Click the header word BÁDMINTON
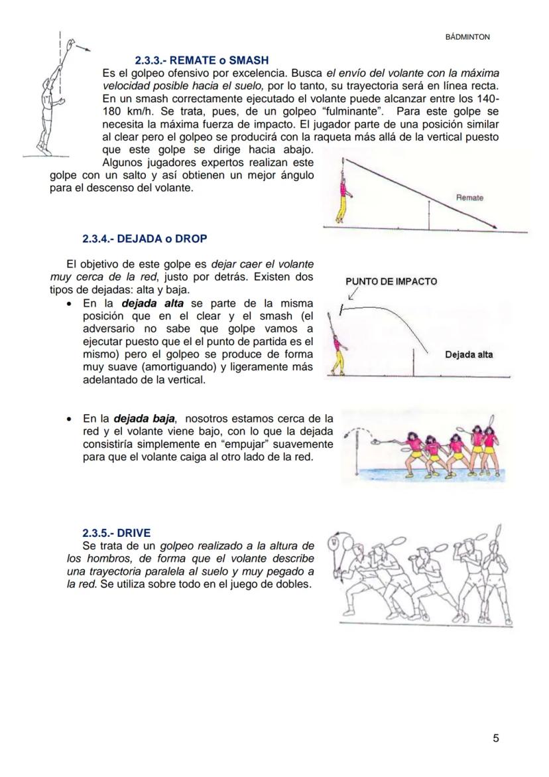(467, 37)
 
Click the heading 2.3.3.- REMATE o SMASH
(202, 60)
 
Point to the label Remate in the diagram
(469, 198)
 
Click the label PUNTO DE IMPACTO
(391, 281)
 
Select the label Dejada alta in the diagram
(468, 354)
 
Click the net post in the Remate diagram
(429, 216)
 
